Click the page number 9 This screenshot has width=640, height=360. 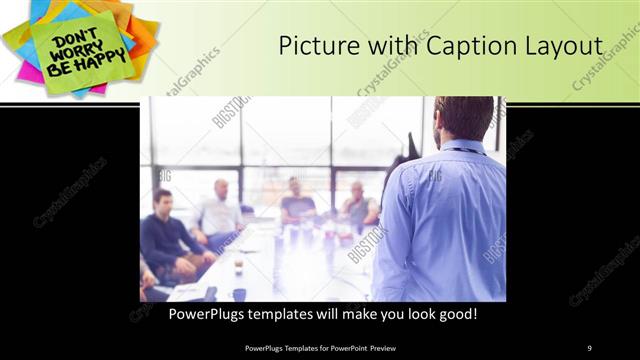click(589, 347)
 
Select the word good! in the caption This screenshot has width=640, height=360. click(452, 314)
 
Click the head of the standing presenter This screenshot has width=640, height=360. click(463, 118)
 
